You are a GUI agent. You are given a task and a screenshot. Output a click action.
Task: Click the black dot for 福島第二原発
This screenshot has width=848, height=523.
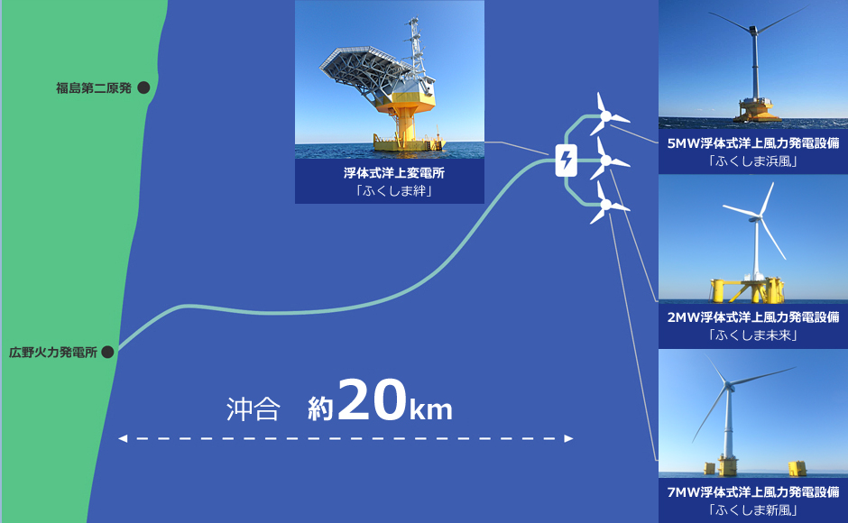point(143,87)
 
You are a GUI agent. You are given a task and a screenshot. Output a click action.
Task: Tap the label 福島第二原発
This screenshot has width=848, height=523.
point(93,87)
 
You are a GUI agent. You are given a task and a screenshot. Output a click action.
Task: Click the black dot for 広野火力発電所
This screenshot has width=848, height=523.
point(107,352)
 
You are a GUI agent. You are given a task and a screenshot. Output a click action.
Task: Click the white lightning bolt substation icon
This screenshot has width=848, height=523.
point(566,162)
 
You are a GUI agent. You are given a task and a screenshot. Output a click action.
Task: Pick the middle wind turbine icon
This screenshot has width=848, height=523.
point(611,161)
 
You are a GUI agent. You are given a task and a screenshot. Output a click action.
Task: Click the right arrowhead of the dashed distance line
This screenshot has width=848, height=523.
point(568,439)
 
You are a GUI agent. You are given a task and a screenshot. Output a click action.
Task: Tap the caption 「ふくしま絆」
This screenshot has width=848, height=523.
point(390,189)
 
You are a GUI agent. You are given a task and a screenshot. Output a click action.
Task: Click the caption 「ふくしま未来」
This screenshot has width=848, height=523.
point(752,335)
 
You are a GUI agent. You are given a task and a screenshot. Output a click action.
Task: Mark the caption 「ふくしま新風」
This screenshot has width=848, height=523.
point(752,510)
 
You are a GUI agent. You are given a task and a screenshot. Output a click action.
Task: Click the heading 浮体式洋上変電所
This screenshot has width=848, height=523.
point(390,172)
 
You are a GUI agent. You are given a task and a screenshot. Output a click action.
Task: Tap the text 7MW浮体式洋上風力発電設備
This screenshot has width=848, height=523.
point(752,492)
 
